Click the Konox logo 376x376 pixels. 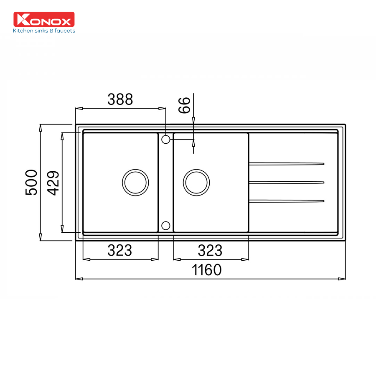click(44, 19)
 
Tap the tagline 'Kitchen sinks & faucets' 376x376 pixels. click(44, 30)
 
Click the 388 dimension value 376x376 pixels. click(120, 99)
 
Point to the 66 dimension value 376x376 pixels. click(184, 105)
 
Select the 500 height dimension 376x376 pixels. click(31, 182)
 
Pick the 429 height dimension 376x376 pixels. click(53, 183)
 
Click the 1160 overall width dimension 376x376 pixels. click(206, 270)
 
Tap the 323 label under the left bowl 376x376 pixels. click(119, 250)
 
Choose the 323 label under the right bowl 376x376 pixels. click(210, 250)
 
